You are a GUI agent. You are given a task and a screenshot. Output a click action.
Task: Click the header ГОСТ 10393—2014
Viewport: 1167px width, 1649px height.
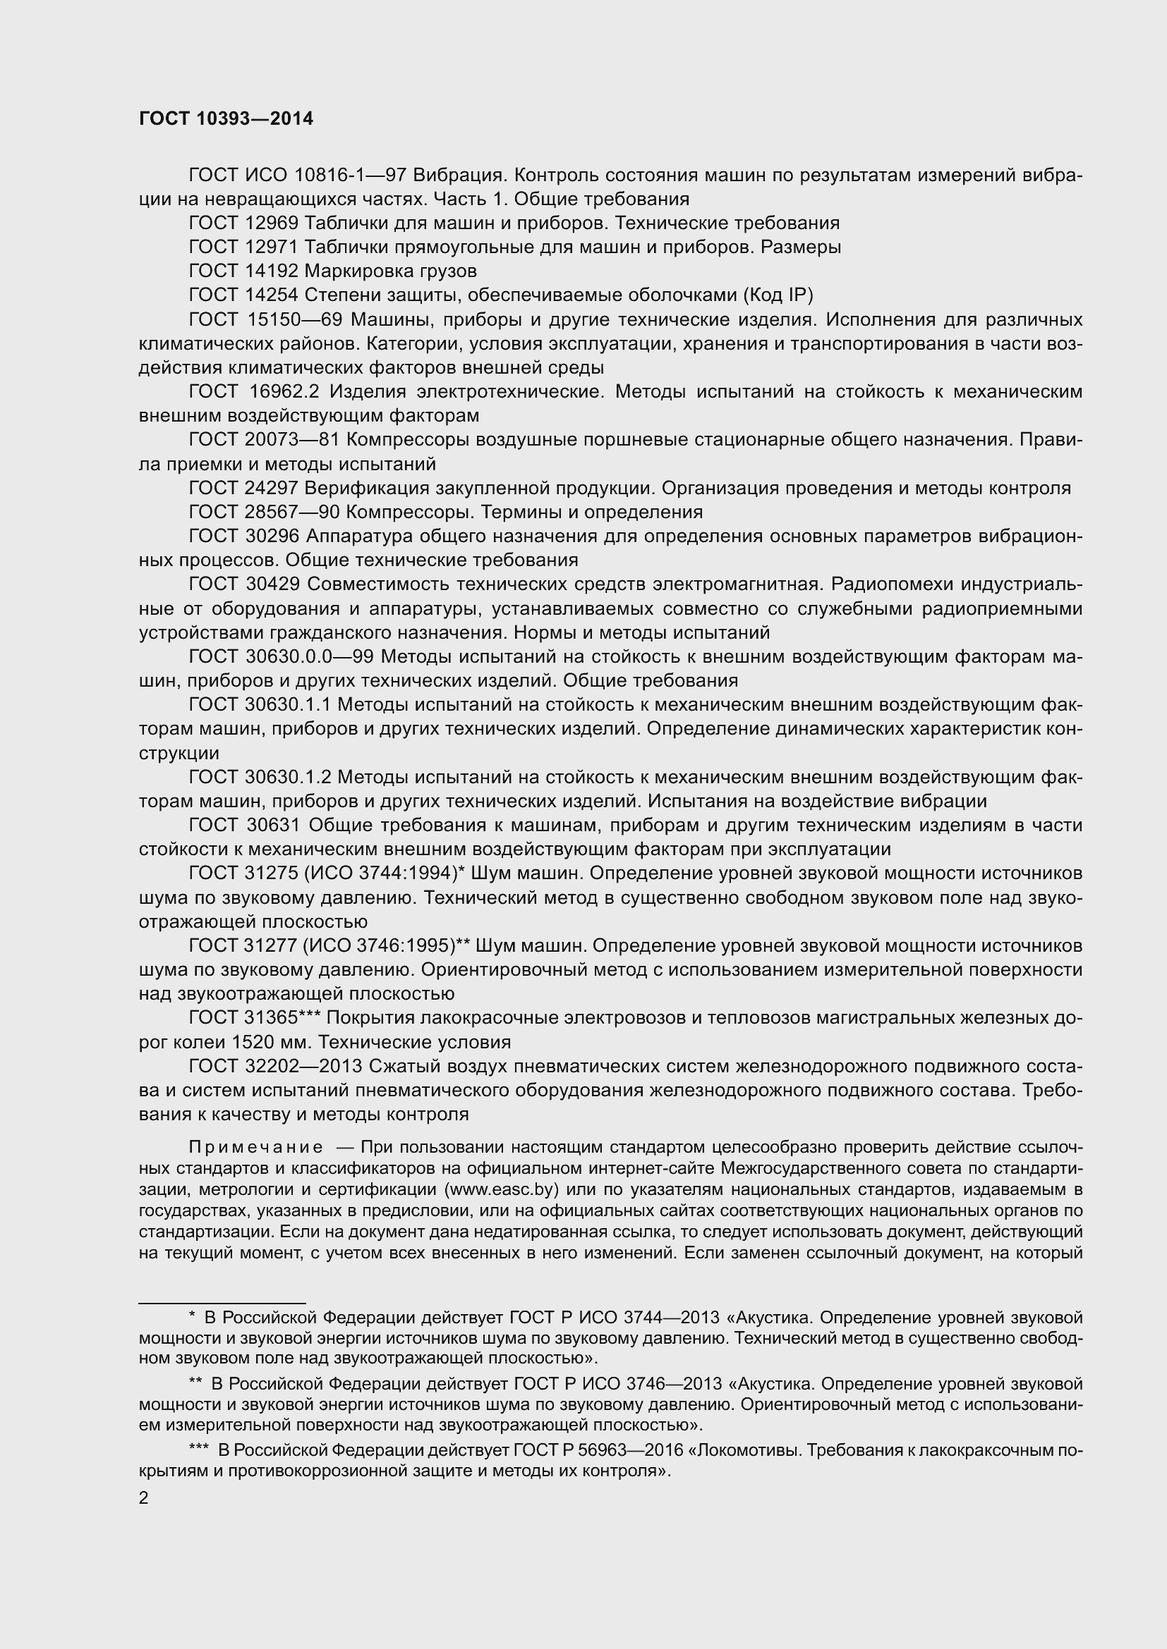[226, 119]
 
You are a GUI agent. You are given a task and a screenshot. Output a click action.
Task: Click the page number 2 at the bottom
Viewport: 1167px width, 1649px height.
[144, 1497]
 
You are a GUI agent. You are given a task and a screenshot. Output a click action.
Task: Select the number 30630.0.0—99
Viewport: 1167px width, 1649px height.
[309, 657]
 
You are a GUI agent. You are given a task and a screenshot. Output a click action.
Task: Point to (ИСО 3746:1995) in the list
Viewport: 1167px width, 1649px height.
[380, 946]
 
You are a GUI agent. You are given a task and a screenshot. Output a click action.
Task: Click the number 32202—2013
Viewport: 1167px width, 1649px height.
[303, 1067]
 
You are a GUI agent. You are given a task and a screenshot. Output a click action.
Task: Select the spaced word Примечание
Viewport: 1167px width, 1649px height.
[255, 1148]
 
